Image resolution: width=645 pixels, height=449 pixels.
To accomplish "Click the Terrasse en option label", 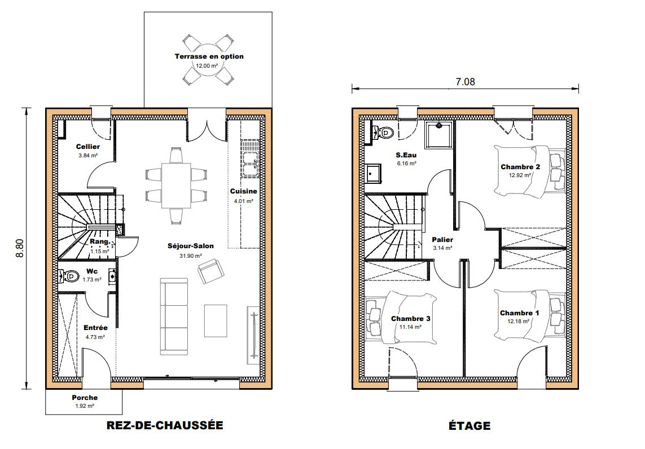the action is coord(209,56).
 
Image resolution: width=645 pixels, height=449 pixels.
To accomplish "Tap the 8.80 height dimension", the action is coord(19,248).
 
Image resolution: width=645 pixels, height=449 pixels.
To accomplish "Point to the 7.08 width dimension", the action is coord(465,82).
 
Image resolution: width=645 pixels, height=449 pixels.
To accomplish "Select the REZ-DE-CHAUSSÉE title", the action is coord(165,425).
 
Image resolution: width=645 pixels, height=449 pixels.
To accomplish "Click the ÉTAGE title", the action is coord(470,425).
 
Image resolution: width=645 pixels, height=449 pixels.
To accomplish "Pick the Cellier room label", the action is coord(88,147).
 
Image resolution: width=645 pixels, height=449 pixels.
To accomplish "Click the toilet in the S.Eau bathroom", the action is coord(383,131).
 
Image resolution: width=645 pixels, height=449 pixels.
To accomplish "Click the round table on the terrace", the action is coord(207,59).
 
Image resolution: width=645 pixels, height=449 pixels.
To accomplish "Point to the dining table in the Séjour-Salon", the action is coord(176,186).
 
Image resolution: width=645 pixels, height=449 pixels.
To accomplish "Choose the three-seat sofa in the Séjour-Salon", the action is coord(174,316).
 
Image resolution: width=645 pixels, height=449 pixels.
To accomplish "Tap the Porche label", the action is coord(85,398).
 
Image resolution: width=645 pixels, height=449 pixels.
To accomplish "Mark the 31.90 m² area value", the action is coord(191,256).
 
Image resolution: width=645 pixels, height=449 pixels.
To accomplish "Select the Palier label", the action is coord(442,240).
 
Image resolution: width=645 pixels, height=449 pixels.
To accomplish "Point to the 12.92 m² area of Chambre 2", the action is coord(520,175).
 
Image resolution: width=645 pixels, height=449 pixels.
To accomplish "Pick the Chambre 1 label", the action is coord(520,313).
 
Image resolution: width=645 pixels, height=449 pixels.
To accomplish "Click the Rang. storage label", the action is coord(100,241).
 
